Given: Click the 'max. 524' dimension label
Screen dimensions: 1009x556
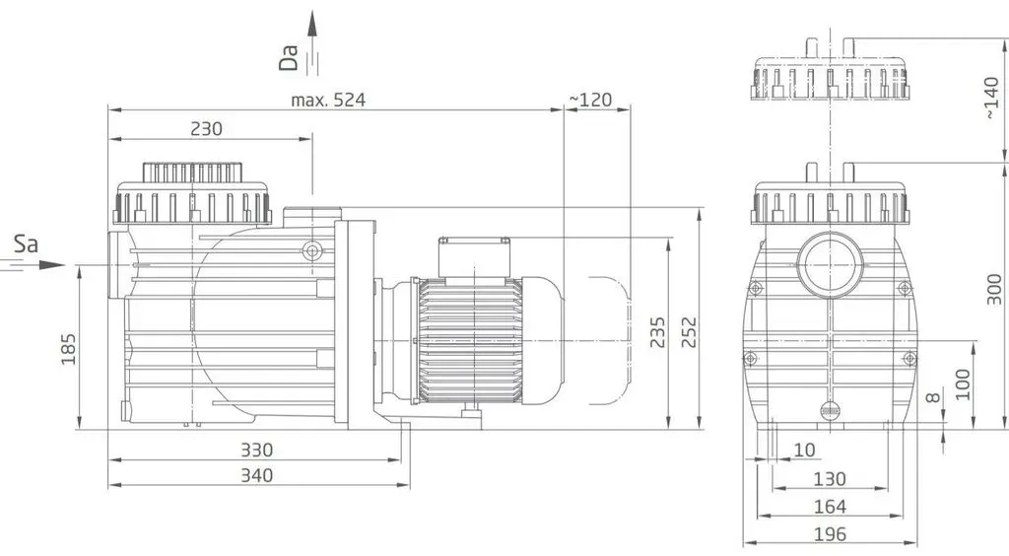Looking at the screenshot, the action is [x=328, y=100].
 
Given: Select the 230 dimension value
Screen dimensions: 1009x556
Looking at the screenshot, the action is [x=207, y=129].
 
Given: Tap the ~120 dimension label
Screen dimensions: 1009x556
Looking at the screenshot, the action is [x=590, y=100].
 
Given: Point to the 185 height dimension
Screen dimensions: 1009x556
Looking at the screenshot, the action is [x=69, y=349].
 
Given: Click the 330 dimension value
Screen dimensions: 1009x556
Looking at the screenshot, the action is [x=257, y=450].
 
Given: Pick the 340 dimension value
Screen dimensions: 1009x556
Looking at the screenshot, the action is [x=257, y=475].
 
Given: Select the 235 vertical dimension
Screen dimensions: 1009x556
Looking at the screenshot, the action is [x=657, y=332].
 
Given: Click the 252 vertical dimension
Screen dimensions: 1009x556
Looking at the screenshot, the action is [x=689, y=332].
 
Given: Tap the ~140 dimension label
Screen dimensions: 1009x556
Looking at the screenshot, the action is [x=991, y=98].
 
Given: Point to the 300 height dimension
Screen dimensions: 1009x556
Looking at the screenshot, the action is [x=994, y=290].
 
